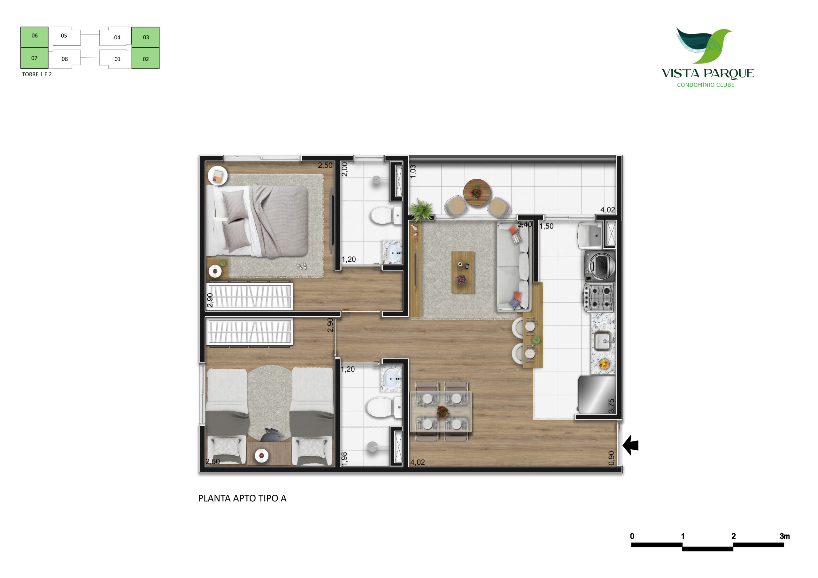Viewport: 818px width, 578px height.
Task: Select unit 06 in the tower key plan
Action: pyautogui.click(x=34, y=37)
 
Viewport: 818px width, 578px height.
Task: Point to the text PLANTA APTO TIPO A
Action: pyautogui.click(x=242, y=498)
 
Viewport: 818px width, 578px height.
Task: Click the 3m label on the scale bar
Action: pyautogui.click(x=784, y=536)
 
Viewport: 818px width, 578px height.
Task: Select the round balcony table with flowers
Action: pyautogui.click(x=477, y=192)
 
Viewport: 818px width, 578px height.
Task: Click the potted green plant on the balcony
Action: pyautogui.click(x=421, y=210)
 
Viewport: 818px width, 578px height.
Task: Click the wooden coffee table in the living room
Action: pyautogui.click(x=463, y=272)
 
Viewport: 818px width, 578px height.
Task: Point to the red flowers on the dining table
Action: pyautogui.click(x=443, y=412)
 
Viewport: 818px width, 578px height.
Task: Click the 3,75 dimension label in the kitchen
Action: pyautogui.click(x=611, y=406)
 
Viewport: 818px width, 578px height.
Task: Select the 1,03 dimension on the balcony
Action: pyautogui.click(x=413, y=172)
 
